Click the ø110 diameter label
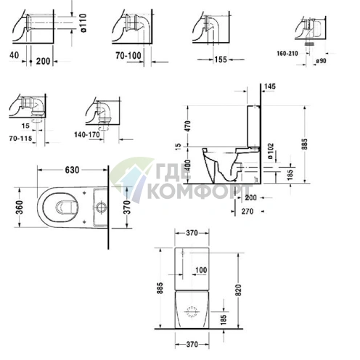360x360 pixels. [83, 23]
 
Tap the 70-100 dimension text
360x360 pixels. [128, 56]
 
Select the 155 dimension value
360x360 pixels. [221, 60]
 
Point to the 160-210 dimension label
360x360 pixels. [287, 53]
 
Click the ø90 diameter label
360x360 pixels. [321, 61]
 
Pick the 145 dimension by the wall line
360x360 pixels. [270, 86]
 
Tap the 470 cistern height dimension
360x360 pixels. [188, 126]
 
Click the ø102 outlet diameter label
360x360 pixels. [271, 151]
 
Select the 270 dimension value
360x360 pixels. [247, 211]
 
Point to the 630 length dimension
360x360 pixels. [72, 170]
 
